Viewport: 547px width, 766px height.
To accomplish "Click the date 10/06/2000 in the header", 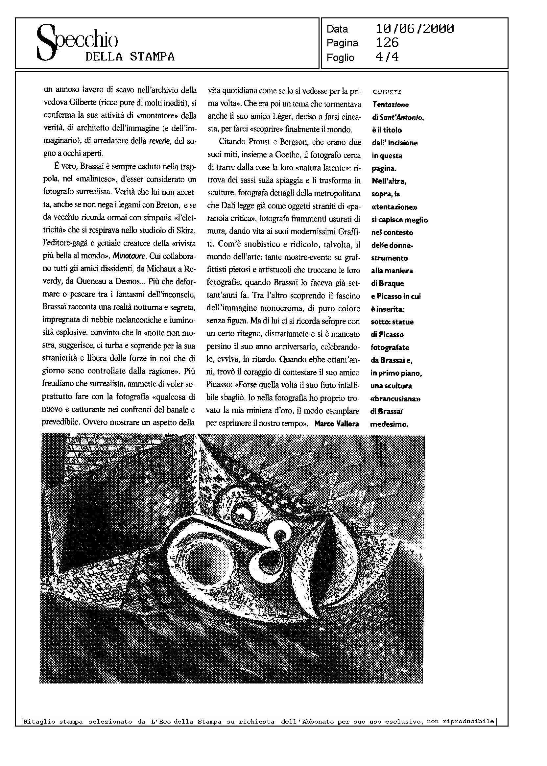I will (415, 29).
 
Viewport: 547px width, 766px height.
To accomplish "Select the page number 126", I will (387, 43).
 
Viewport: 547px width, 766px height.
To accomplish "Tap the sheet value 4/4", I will (387, 57).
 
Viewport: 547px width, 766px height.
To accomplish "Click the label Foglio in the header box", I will (340, 58).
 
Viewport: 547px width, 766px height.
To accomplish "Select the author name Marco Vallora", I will (337, 424).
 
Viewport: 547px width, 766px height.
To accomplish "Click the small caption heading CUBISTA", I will (387, 92).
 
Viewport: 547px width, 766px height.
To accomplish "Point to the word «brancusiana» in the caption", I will (396, 399).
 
